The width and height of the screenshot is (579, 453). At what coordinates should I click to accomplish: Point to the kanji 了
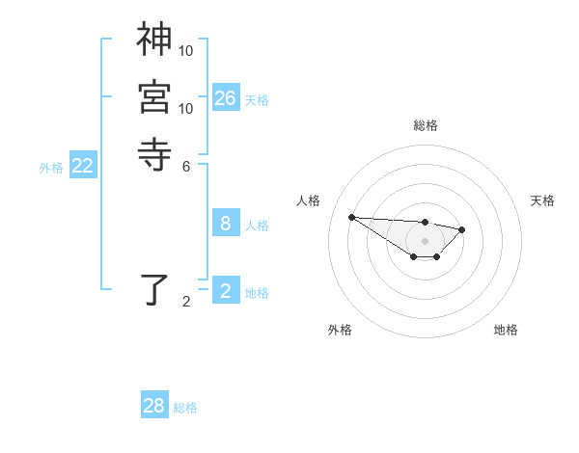click(153, 290)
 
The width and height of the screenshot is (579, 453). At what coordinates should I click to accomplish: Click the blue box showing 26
click(225, 98)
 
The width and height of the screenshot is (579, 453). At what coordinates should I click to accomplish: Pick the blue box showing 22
click(83, 166)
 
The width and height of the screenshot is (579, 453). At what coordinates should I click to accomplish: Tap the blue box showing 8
click(225, 224)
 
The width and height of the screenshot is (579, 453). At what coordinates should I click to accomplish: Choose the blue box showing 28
click(154, 406)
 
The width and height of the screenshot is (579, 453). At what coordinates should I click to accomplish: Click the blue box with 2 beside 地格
click(225, 291)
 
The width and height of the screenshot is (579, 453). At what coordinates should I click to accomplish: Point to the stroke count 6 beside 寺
click(186, 165)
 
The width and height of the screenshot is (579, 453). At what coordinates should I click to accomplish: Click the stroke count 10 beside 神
click(186, 50)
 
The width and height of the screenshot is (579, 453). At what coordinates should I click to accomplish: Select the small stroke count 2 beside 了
click(186, 302)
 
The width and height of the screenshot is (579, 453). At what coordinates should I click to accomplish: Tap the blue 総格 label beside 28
click(185, 408)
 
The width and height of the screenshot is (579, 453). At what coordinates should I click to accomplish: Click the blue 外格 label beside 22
click(51, 168)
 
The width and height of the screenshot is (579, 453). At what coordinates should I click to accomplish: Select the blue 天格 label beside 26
click(257, 100)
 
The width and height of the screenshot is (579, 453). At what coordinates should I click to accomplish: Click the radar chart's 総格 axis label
click(425, 126)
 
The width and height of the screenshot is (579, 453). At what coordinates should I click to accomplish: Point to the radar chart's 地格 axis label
click(506, 330)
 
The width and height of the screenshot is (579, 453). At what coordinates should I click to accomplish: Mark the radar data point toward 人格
click(351, 217)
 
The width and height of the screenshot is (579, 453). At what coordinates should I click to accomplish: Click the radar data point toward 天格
click(462, 229)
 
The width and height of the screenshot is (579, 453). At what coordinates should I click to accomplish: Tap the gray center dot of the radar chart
click(425, 241)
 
